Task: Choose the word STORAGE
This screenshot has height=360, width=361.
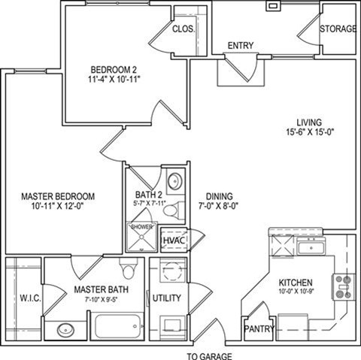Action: (x=338, y=29)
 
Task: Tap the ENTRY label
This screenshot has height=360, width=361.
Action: (x=240, y=45)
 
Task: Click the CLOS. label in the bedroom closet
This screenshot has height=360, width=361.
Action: (x=184, y=29)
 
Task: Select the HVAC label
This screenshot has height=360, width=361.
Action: (x=173, y=240)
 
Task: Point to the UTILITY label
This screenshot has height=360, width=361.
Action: (x=166, y=298)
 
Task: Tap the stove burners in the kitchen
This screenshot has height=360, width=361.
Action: (x=343, y=286)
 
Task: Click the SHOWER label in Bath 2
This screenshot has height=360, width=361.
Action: (x=141, y=226)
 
